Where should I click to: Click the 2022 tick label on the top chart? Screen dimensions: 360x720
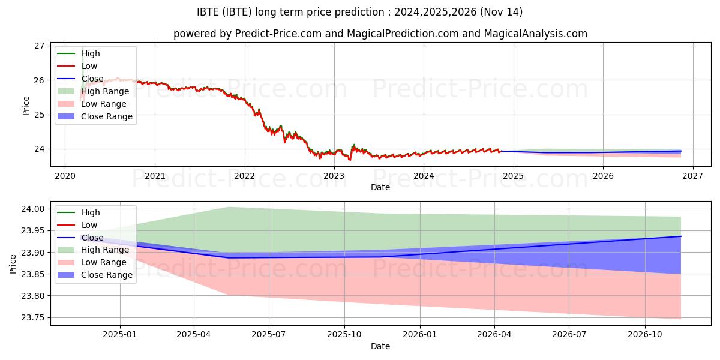click(244, 176)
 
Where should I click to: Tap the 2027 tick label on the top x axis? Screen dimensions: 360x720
click(692, 176)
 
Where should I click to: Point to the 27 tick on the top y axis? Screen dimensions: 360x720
click(40, 46)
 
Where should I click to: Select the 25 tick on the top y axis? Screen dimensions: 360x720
click(40, 115)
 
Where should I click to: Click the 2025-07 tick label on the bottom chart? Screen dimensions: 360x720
click(268, 335)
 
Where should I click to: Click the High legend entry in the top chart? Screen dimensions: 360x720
click(91, 54)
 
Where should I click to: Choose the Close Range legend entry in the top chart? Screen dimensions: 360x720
click(107, 116)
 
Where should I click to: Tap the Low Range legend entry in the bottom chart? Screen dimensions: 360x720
click(104, 262)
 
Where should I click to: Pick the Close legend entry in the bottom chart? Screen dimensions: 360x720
click(92, 238)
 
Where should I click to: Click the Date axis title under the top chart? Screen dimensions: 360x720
click(380, 187)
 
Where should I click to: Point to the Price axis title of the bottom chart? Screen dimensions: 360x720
click(13, 263)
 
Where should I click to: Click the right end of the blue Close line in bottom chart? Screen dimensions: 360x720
click(680, 236)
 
